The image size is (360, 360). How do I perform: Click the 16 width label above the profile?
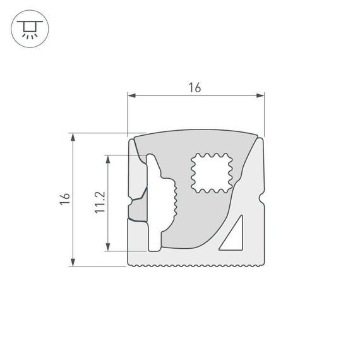pos(195,88)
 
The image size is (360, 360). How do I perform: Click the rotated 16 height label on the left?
pos(63,198)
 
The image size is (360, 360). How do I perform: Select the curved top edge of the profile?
pos(196,132)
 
